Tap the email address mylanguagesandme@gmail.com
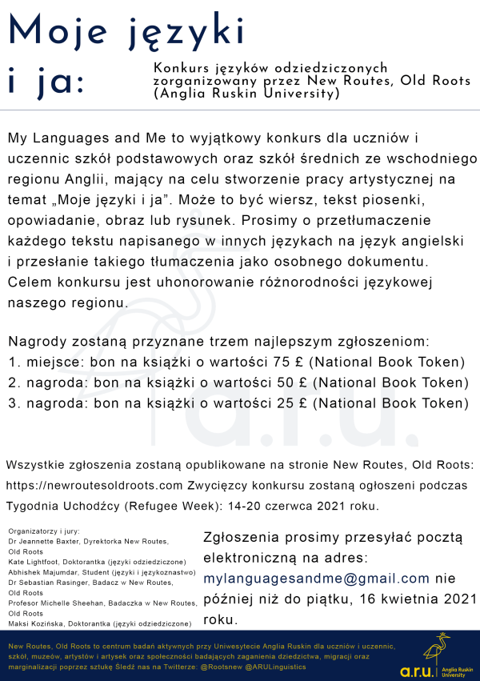317,578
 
